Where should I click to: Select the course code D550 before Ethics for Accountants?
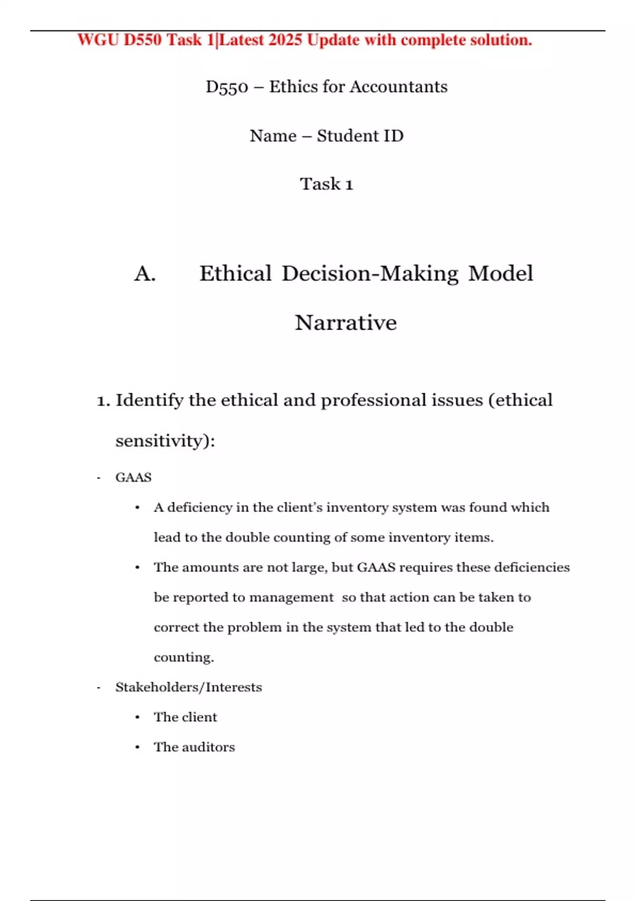click(x=227, y=87)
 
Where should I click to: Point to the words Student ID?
click(x=360, y=136)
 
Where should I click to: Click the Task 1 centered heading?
click(x=326, y=184)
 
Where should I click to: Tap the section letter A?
click(x=145, y=274)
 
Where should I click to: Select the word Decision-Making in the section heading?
click(x=370, y=274)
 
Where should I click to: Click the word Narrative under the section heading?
click(x=346, y=323)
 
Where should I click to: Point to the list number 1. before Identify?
click(x=103, y=400)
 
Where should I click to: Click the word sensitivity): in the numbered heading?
click(x=165, y=441)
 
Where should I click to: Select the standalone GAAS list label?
click(x=134, y=478)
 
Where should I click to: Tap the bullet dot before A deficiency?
click(x=137, y=508)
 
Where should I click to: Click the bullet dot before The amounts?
click(x=137, y=568)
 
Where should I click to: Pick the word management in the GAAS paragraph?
click(x=291, y=598)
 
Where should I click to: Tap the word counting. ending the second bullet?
click(x=183, y=658)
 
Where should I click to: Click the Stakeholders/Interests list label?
click(x=189, y=687)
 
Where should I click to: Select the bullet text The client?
click(x=185, y=718)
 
